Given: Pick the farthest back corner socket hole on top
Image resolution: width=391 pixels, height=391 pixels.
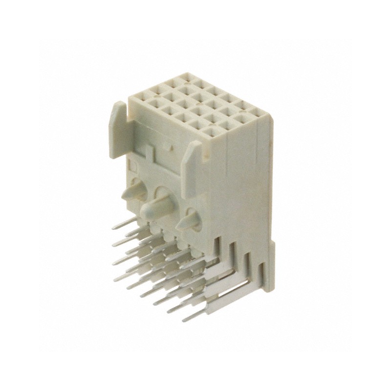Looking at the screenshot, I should click(189, 78).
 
